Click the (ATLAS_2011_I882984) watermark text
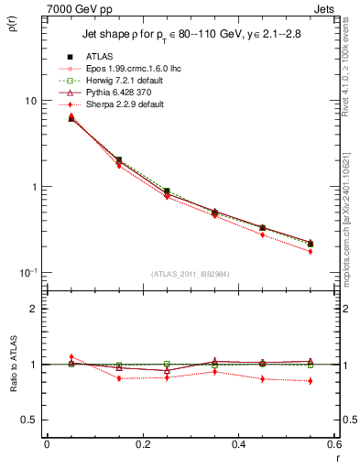[x=191, y=273]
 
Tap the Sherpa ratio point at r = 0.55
[x=310, y=381]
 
